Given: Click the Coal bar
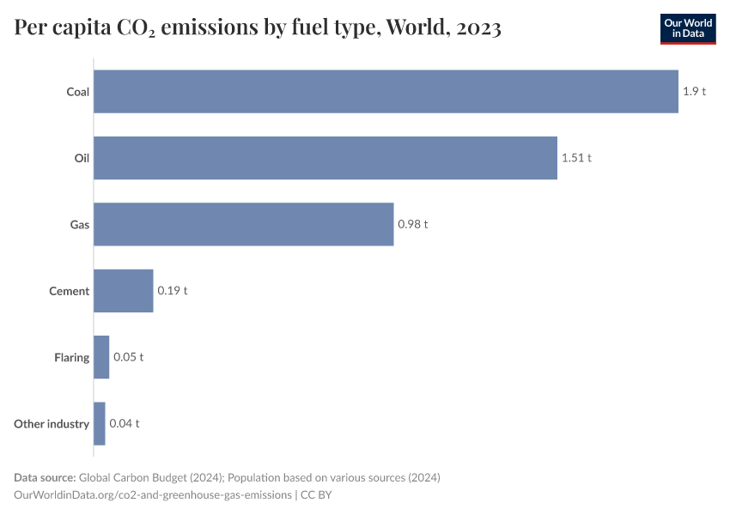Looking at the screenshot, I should pyautogui.click(x=386, y=91).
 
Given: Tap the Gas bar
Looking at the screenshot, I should pyautogui.click(x=243, y=224).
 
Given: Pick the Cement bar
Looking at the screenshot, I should pyautogui.click(x=123, y=291).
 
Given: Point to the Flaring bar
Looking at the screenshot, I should pyautogui.click(x=101, y=357).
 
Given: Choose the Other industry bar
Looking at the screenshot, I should pyautogui.click(x=99, y=423).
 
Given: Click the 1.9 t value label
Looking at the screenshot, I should pyautogui.click(x=694, y=91).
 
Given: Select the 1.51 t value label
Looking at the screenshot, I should pyautogui.click(x=576, y=158).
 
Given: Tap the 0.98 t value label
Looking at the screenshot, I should pyautogui.click(x=412, y=224).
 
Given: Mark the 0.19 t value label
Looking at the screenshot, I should pyautogui.click(x=172, y=291).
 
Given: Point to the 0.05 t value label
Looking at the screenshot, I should pyautogui.click(x=128, y=357).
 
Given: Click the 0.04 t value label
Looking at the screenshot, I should pyautogui.click(x=124, y=423).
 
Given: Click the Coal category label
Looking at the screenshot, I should pyautogui.click(x=78, y=92).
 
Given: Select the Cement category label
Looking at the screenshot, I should pyautogui.click(x=69, y=291).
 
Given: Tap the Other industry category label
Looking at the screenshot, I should pyautogui.click(x=52, y=424).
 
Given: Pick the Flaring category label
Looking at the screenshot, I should pyautogui.click(x=71, y=357).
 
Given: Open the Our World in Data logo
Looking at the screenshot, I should pyautogui.click(x=687, y=28).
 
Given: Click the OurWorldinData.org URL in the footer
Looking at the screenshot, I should pyautogui.click(x=153, y=495).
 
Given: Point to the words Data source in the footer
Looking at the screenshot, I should pyautogui.click(x=44, y=477).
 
